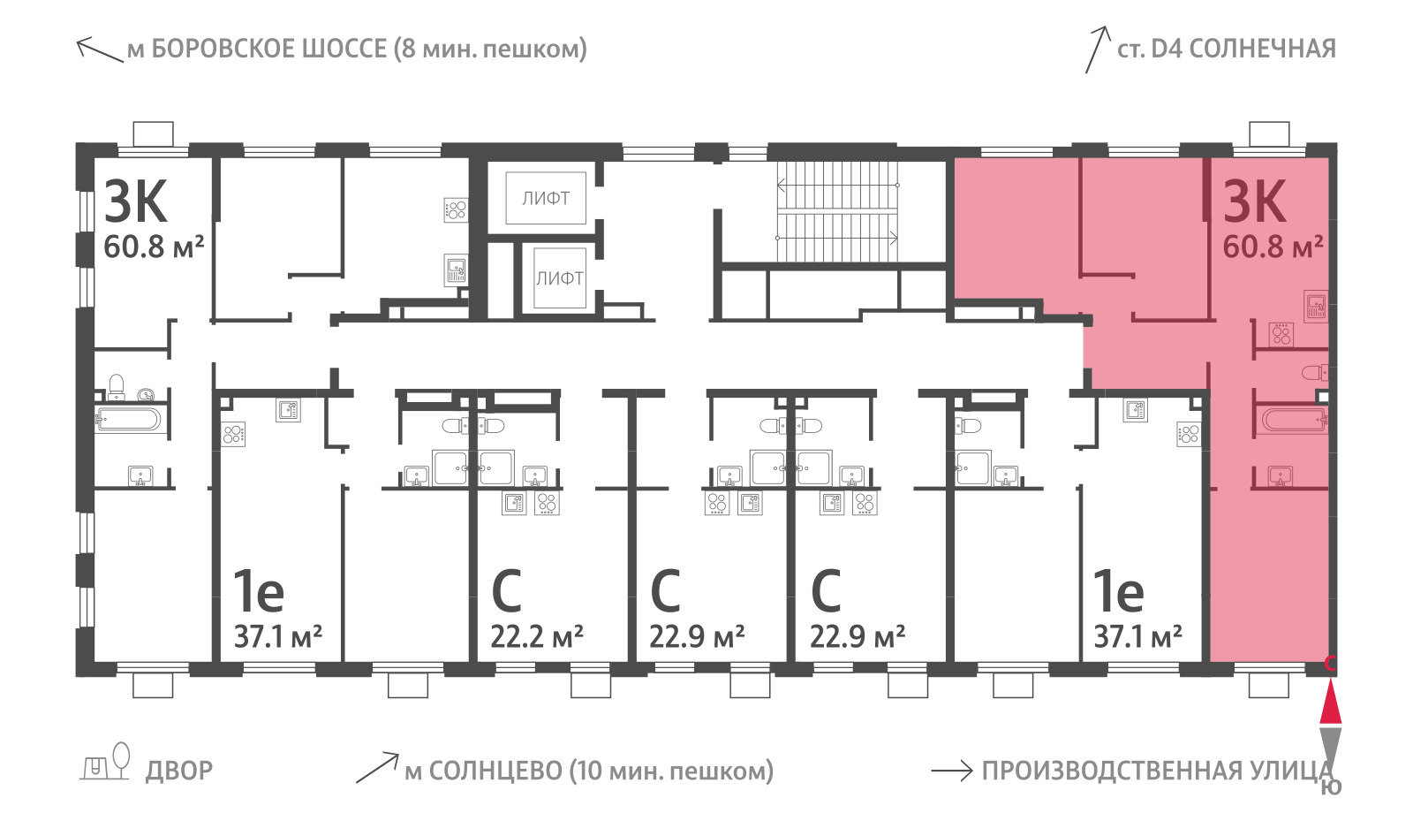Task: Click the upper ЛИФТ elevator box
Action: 546,198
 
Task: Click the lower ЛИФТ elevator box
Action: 560,277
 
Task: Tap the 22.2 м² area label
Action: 537,637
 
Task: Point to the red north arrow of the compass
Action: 1330,701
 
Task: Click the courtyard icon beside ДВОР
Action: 105,762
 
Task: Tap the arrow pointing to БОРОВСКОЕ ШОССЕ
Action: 100,50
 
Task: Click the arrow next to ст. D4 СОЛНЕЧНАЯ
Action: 1098,49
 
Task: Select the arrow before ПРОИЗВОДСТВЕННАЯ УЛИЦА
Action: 952,771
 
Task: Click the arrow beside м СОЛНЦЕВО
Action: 377,768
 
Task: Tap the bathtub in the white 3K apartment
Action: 128,420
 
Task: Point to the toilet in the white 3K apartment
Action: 117,388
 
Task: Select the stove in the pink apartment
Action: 1281,334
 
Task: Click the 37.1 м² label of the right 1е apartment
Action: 1138,637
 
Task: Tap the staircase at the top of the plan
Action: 837,211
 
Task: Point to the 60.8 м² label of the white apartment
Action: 154,247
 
